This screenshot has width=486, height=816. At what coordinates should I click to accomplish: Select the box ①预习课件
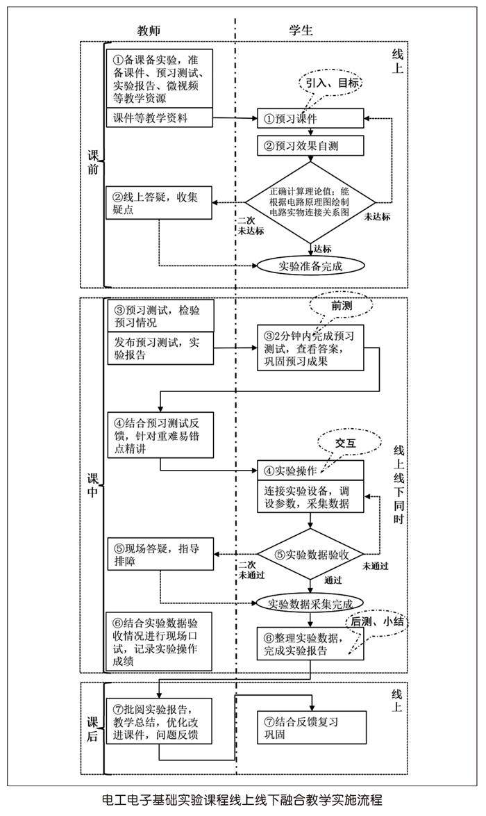[x=310, y=119]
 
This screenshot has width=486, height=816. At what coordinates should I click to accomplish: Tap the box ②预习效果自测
[x=310, y=146]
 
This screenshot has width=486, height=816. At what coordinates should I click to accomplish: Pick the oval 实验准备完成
[x=310, y=265]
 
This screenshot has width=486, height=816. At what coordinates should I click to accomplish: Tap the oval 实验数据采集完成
[x=310, y=603]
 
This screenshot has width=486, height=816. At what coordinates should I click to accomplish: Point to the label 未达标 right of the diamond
[x=378, y=216]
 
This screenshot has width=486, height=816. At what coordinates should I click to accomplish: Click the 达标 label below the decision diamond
[x=323, y=248]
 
